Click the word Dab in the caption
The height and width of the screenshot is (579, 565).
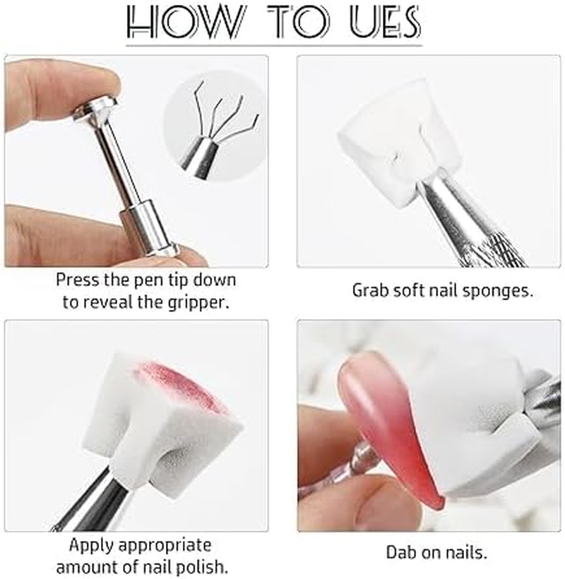click(400, 553)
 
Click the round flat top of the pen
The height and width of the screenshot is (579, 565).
click(95, 109)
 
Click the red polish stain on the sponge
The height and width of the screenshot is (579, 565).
click(180, 386)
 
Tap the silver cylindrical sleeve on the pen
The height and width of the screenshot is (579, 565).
click(148, 228)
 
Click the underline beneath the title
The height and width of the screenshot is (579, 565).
click(274, 46)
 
